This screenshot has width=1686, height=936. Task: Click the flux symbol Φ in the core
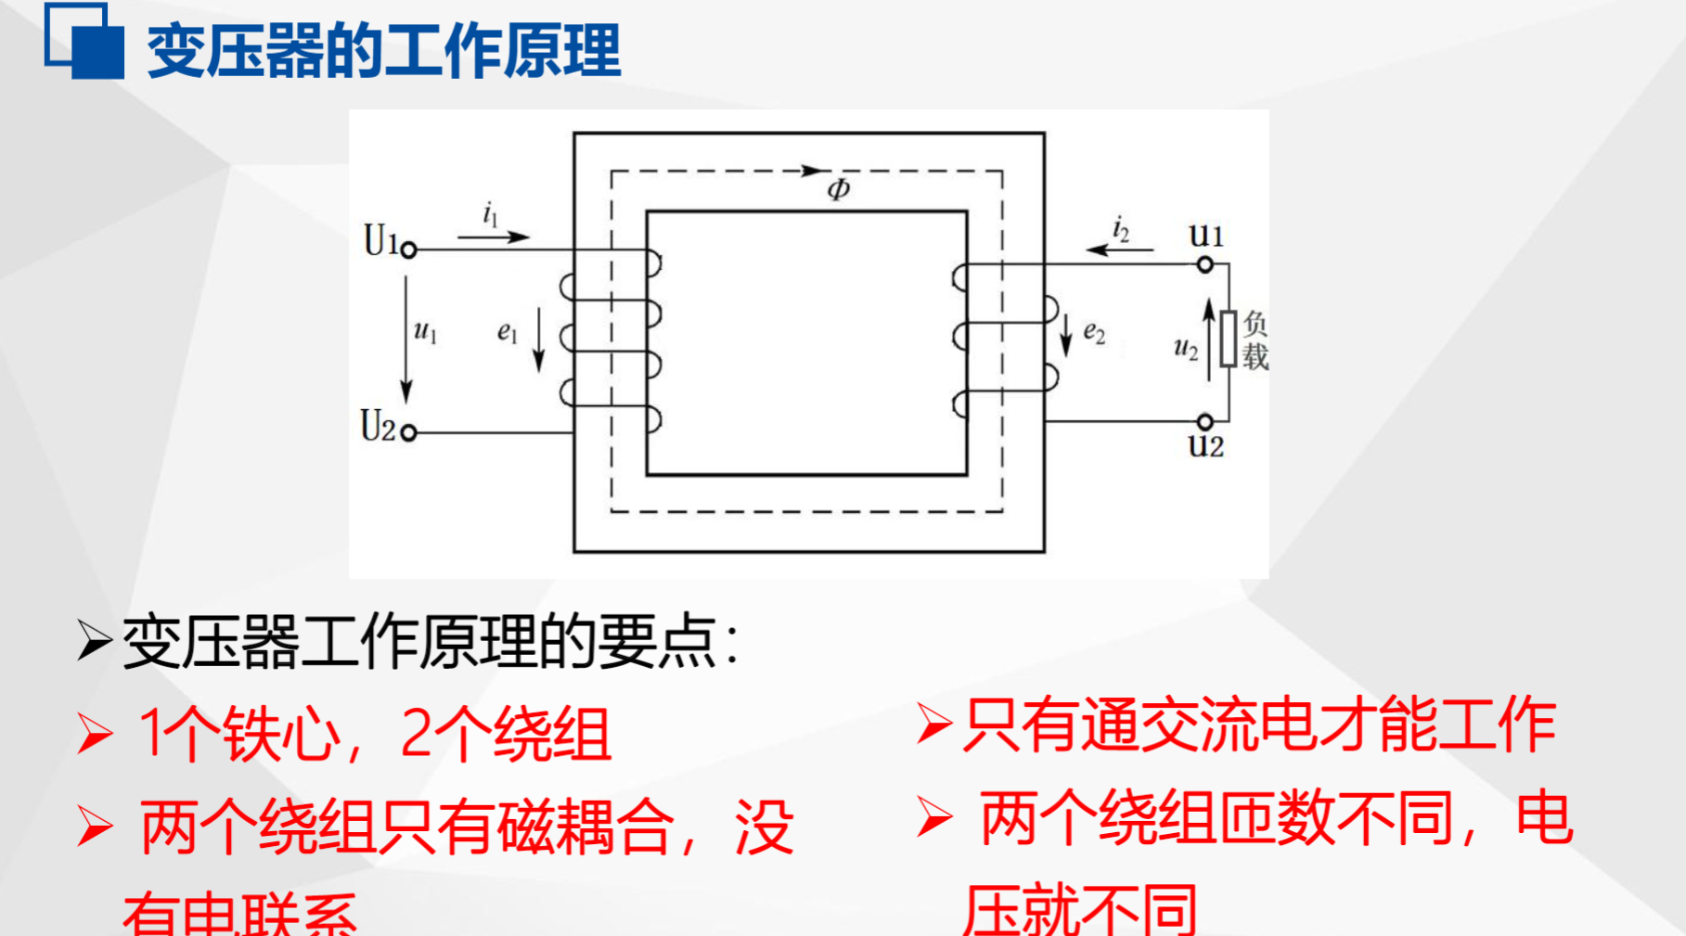(x=839, y=189)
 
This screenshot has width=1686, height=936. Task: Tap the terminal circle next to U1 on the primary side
(x=408, y=250)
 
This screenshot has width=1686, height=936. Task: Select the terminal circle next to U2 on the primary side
(x=408, y=432)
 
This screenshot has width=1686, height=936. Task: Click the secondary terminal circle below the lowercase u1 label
(x=1204, y=264)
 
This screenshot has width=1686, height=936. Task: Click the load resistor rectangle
(x=1229, y=340)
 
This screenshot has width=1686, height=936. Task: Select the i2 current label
(x=1121, y=228)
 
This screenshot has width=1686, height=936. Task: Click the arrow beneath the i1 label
(x=494, y=237)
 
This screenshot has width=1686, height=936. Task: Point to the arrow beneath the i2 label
(x=1120, y=250)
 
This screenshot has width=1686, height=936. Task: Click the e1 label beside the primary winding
(x=507, y=332)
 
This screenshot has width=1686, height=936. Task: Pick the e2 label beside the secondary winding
(x=1094, y=333)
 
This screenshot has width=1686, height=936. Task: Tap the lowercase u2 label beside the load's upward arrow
(x=1185, y=349)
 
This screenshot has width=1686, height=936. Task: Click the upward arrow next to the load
(x=1208, y=340)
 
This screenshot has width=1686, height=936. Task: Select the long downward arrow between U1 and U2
(x=405, y=339)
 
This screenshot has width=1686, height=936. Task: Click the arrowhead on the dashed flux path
(x=815, y=171)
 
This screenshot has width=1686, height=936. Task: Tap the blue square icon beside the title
(x=85, y=43)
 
